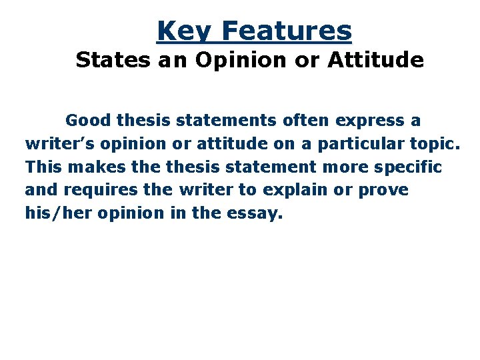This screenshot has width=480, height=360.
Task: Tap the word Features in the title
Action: pos(287,31)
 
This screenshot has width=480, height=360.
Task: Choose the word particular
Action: pos(339,145)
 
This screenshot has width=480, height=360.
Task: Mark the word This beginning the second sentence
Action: pos(44,166)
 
